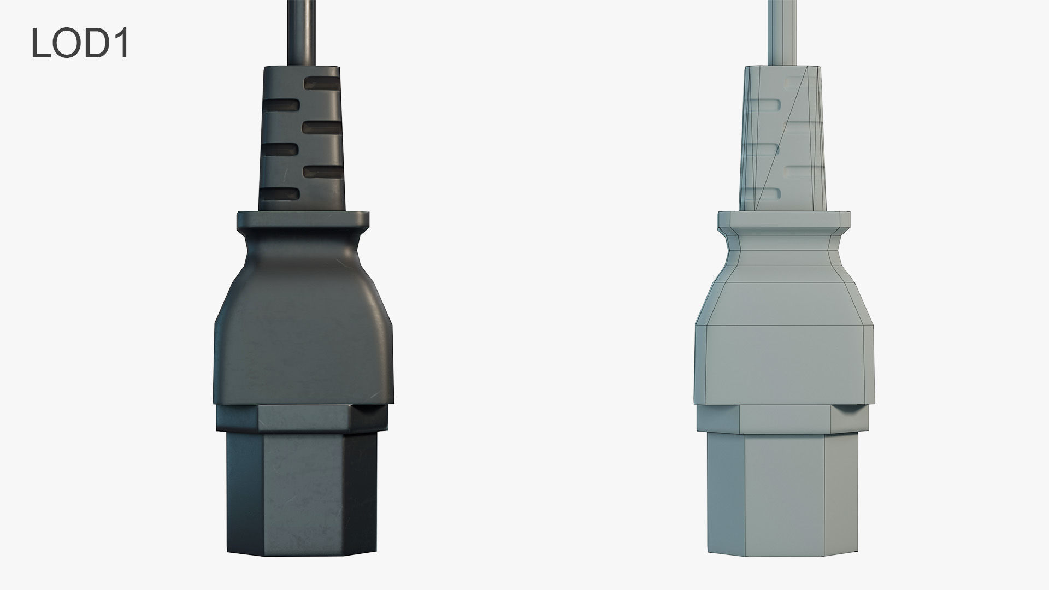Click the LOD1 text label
pyautogui.click(x=80, y=44)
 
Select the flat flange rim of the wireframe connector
pyautogui.click(x=783, y=220)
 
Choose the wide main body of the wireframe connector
pyautogui.click(x=783, y=361)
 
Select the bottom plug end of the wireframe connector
pyautogui.click(x=783, y=492)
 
